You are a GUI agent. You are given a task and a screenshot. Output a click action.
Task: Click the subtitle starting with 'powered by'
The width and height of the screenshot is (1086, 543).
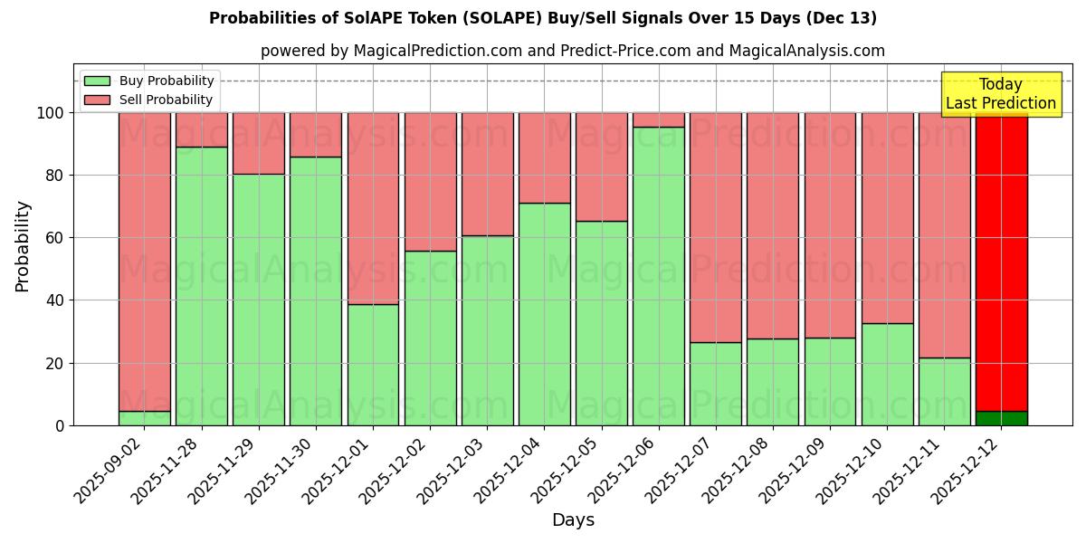pyautogui.click(x=572, y=51)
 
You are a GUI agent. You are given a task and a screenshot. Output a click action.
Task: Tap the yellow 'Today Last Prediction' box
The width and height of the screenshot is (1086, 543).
pyautogui.click(x=1001, y=94)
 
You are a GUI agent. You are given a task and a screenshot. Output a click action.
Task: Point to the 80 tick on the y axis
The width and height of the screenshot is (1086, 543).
pyautogui.click(x=55, y=176)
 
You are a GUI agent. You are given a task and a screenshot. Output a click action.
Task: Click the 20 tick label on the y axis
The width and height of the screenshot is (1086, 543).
pyautogui.click(x=55, y=364)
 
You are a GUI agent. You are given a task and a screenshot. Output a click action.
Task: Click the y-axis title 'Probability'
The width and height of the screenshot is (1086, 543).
pyautogui.click(x=23, y=246)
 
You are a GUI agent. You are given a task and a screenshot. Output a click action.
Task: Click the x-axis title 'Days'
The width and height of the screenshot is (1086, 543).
pyautogui.click(x=573, y=520)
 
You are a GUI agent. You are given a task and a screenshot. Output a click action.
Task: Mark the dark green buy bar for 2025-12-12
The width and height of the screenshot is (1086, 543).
pyautogui.click(x=1001, y=418)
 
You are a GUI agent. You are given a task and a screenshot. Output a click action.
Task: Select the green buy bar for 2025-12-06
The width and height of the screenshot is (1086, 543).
pyautogui.click(x=658, y=276)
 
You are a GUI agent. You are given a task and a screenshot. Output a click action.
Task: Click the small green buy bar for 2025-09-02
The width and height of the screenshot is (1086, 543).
pyautogui.click(x=145, y=418)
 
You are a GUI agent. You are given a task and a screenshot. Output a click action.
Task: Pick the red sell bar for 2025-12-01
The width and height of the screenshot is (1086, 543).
pyautogui.click(x=373, y=208)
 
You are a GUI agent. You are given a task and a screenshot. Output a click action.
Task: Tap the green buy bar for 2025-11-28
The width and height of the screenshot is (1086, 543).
pyautogui.click(x=202, y=286)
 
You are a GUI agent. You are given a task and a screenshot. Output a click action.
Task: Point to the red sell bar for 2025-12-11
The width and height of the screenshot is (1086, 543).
pyautogui.click(x=944, y=235)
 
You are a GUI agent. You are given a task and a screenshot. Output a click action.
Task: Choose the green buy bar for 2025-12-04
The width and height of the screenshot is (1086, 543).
pyautogui.click(x=544, y=314)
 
